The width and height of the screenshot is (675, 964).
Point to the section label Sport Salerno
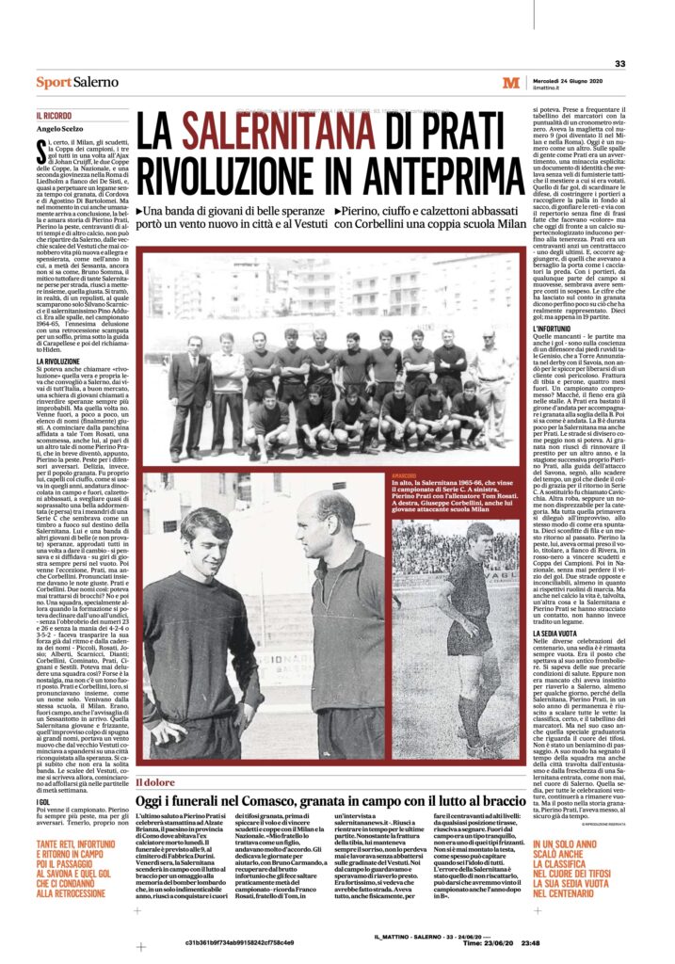pyautogui.click(x=72, y=84)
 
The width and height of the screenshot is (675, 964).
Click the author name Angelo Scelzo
pyautogui.click(x=60, y=128)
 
